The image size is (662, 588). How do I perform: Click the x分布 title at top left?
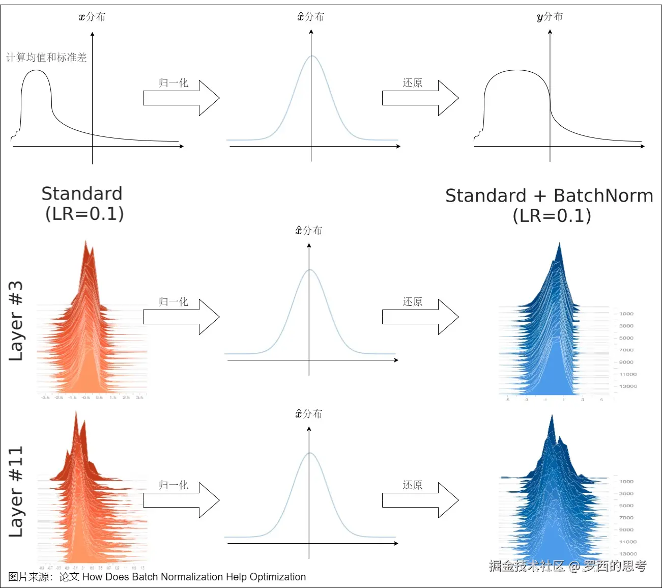coord(92,17)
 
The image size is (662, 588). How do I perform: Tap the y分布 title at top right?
coord(550,17)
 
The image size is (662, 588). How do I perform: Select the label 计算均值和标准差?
coord(46,58)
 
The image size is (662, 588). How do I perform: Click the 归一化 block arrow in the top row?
coord(181,98)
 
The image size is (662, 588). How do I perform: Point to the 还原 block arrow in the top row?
coord(420,98)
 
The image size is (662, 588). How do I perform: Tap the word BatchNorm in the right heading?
coord(603,196)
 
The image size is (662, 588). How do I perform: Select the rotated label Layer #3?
coord(16,321)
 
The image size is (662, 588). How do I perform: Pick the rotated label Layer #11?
coord(16,491)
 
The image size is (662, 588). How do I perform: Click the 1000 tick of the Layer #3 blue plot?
coord(626,314)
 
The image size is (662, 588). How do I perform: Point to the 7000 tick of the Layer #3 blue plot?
coord(626,350)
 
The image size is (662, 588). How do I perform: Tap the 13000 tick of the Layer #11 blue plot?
coord(628,553)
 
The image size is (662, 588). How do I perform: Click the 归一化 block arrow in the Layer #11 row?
coord(181,500)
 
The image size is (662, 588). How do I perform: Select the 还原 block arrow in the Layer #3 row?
coord(420,317)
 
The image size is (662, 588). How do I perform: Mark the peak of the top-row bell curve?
coord(312,56)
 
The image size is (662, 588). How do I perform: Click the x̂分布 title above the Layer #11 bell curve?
coord(309,414)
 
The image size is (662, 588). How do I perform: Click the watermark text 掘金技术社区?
coord(527,566)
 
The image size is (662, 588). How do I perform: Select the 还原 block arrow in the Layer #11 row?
coord(420,500)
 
